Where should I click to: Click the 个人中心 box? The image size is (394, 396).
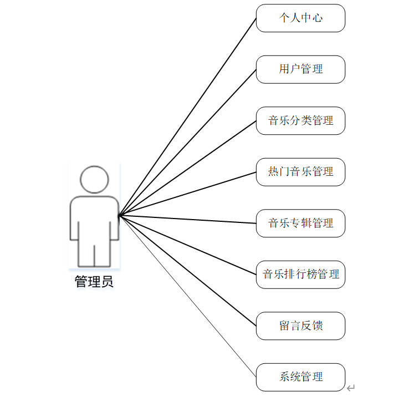tap(300, 18)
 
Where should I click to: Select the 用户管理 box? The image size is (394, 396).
tap(300, 69)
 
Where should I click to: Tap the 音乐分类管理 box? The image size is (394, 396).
tap(300, 121)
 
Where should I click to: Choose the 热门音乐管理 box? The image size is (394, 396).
tap(300, 172)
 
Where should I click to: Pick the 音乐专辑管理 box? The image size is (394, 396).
tap(300, 224)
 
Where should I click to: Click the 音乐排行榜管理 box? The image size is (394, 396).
tap(300, 275)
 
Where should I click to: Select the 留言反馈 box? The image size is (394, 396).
tap(300, 326)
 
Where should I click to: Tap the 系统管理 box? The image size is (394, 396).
tap(300, 377)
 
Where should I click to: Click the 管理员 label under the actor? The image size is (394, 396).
tap(94, 282)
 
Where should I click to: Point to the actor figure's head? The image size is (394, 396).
tap(94, 179)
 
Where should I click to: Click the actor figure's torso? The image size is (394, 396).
tap(94, 219)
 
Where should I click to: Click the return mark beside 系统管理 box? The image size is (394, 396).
tap(350, 388)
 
